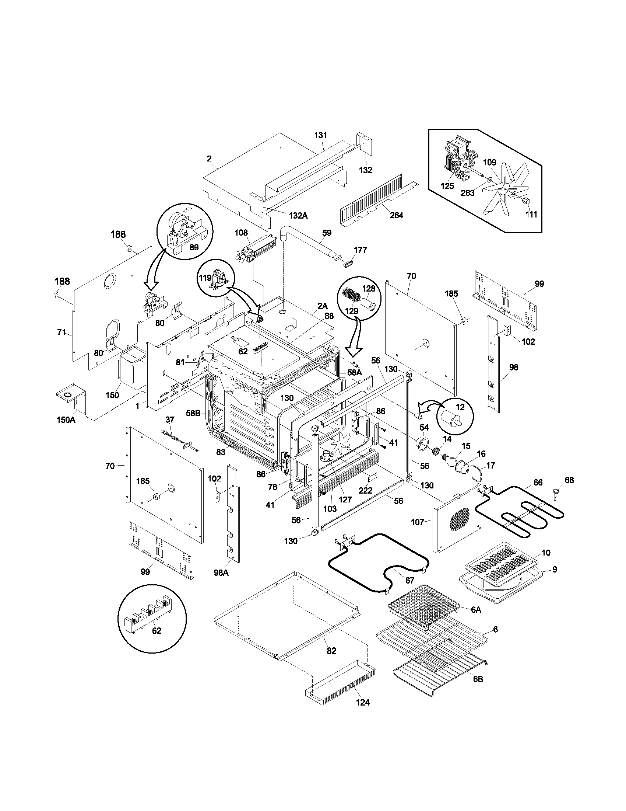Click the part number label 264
point(396,215)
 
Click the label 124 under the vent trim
point(362,702)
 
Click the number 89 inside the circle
point(194,247)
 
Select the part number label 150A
point(66,420)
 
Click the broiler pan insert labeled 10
point(501,565)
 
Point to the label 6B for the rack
point(478,679)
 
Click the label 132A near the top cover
point(298,215)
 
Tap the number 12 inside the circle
point(460,407)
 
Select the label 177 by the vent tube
point(360,250)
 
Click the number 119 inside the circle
point(205,278)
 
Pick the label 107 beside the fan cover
point(417,522)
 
